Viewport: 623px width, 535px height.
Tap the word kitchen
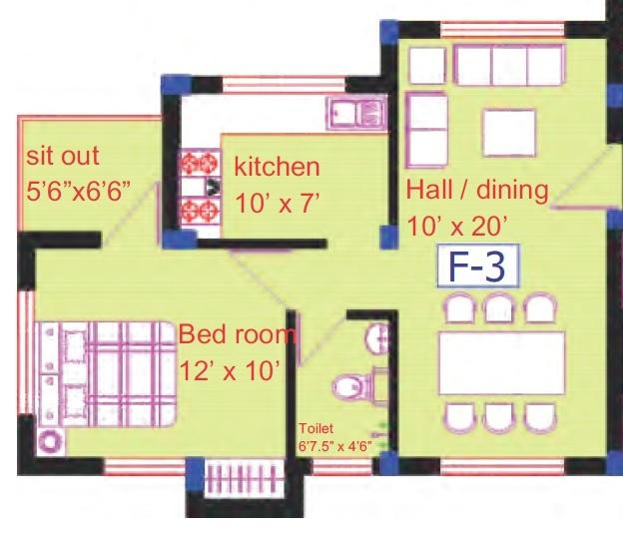[x=277, y=167]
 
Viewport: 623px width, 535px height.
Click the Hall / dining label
[x=477, y=191]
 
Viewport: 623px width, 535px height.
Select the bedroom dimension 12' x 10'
[x=229, y=370]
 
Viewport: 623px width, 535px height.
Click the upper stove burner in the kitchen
[x=192, y=163]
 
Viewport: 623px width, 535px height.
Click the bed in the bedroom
[x=105, y=369]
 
